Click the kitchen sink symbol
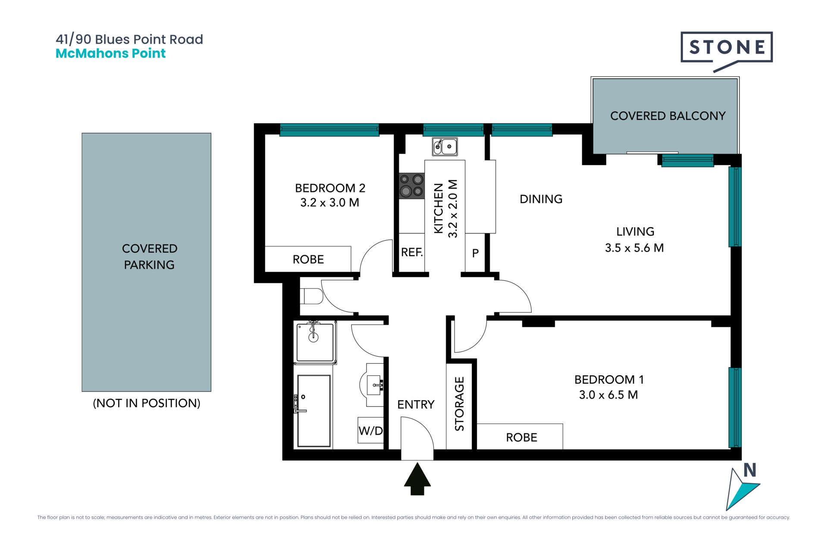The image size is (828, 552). point(445,147)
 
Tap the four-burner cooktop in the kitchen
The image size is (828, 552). point(411,185)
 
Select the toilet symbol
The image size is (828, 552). point(311,296)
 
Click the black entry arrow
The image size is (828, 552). point(417,479)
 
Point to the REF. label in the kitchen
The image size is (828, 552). point(412,252)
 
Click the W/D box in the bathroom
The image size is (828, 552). point(370,430)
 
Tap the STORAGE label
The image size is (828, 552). point(460,404)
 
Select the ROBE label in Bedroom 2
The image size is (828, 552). point(308,259)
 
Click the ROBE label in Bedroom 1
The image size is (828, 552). point(521,437)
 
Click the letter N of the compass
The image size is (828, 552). point(750,470)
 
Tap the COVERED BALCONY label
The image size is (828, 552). point(668,116)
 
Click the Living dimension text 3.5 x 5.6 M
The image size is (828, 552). point(634,248)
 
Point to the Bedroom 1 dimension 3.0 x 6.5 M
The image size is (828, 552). point(608,395)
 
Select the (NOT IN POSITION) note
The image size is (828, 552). point(147,403)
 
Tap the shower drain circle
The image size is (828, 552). point(314,337)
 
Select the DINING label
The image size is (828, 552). point(541,199)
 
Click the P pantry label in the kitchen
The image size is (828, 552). point(475,253)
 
